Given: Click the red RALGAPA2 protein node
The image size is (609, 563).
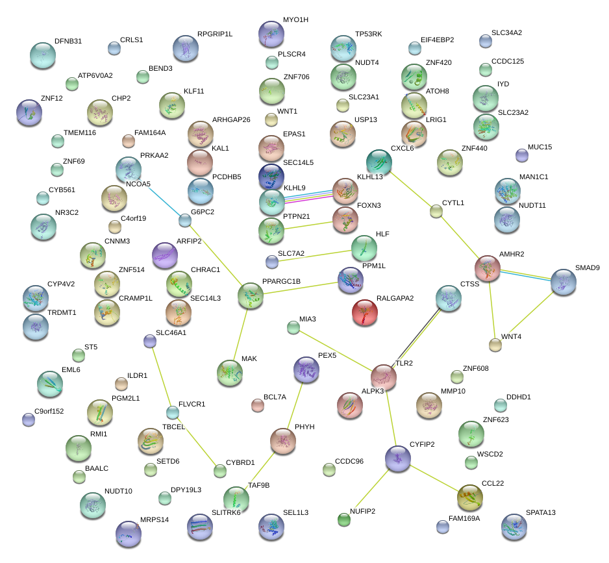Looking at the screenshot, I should click(365, 313).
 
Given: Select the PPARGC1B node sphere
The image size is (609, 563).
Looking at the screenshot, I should click(251, 295).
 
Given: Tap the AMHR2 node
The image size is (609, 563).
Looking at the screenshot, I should click(488, 268).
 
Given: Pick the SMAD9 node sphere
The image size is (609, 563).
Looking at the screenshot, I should click(564, 282).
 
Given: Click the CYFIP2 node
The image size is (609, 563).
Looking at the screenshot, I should click(398, 458).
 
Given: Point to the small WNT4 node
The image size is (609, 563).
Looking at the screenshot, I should click(495, 345).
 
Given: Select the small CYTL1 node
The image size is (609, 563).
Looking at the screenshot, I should click(436, 211).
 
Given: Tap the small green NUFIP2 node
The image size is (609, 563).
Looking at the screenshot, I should click(344, 519).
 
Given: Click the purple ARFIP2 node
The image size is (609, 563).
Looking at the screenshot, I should click(164, 256).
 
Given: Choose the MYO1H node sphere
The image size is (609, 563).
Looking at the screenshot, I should click(271, 34).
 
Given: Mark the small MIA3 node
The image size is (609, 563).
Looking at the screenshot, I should click(293, 327).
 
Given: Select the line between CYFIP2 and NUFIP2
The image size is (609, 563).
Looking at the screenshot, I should click(371, 488).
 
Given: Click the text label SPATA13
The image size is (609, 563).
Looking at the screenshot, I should click(540, 512).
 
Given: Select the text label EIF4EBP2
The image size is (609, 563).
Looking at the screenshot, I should click(437, 40).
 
